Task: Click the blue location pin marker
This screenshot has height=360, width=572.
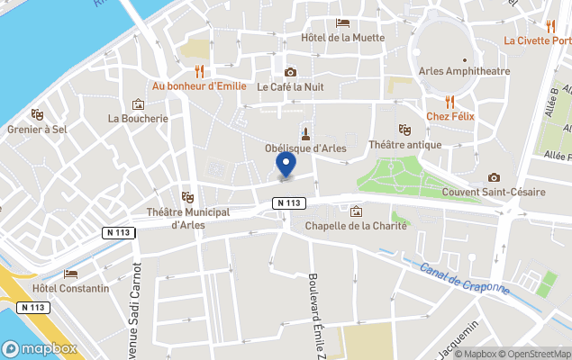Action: pyautogui.click(x=286, y=164)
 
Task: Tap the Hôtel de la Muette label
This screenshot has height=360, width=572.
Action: pyautogui.click(x=342, y=38)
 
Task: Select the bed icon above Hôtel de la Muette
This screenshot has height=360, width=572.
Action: pyautogui.click(x=342, y=22)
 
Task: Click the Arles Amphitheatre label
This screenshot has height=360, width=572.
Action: pyautogui.click(x=465, y=71)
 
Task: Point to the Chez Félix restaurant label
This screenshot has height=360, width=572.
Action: pyautogui.click(x=449, y=117)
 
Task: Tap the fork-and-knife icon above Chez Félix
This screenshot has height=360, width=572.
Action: pyautogui.click(x=449, y=102)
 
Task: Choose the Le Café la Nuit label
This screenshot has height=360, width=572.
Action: pyautogui.click(x=290, y=87)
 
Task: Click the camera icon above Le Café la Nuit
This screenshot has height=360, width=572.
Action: pyautogui.click(x=290, y=72)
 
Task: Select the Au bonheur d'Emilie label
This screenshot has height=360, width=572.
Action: pyautogui.click(x=200, y=86)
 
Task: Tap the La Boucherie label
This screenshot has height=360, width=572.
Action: pyautogui.click(x=138, y=118)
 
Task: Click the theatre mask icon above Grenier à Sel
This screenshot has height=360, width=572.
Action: pyautogui.click(x=37, y=114)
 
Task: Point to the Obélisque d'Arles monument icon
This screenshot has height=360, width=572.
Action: pyautogui.click(x=305, y=133)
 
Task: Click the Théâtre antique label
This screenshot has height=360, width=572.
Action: pyautogui.click(x=405, y=145)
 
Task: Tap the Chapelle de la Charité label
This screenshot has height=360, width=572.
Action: pyautogui.click(x=356, y=226)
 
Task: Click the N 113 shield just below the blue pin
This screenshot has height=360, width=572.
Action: pyautogui.click(x=288, y=203)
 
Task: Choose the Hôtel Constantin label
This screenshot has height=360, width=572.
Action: pyautogui.click(x=70, y=288)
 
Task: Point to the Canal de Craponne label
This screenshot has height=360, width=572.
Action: pyautogui.click(x=465, y=280)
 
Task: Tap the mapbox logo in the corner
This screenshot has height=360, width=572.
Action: pyautogui.click(x=39, y=348)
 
